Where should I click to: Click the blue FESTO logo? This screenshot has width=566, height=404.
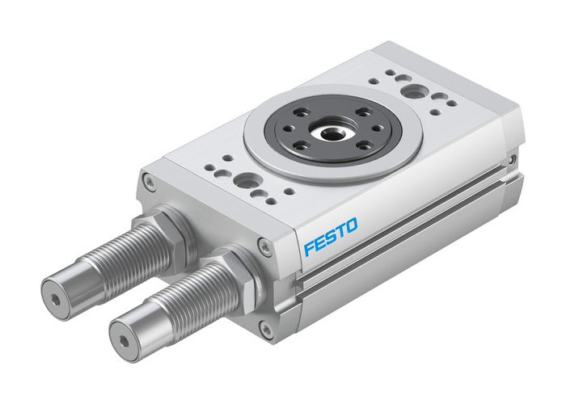[x=330, y=235]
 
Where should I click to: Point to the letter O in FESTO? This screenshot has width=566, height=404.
[x=351, y=224]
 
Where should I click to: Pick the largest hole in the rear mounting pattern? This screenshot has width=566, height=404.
[x=413, y=90]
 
